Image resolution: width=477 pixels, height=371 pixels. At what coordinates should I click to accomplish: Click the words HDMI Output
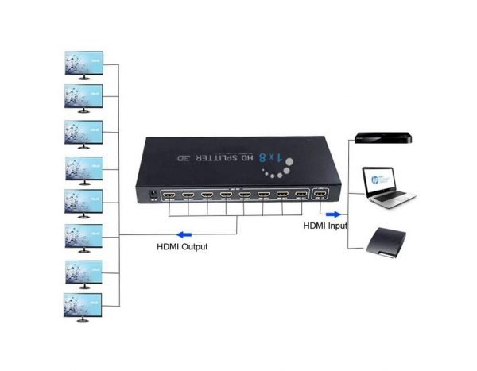coord(181,247)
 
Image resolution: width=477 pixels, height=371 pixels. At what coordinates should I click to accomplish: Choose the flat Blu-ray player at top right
coord(384,137)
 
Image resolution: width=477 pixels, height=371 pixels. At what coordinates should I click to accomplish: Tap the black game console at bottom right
coord(386,242)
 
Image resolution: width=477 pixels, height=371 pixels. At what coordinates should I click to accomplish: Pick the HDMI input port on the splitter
coord(320,194)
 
